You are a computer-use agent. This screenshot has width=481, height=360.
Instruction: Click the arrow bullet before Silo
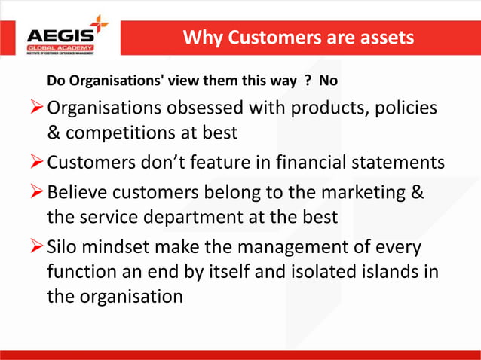[37, 247]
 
